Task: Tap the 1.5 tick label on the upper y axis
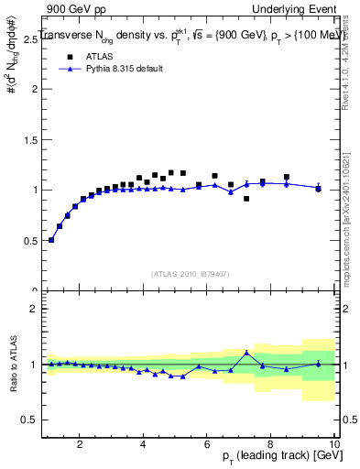coord(32,139)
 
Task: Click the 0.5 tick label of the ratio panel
coord(32,420)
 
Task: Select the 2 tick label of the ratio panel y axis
coord(35,309)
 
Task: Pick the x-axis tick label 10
coord(333,444)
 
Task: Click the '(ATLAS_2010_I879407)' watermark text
coord(190,273)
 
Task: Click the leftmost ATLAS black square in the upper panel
coord(51,239)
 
